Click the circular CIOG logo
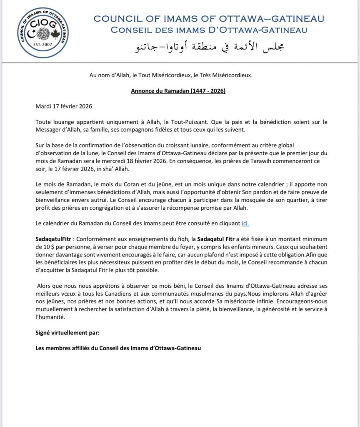44,32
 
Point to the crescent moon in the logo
32,33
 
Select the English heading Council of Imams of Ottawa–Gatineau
209,19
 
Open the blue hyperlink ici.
245,224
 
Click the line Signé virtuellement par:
67,333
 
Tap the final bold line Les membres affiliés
118,348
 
